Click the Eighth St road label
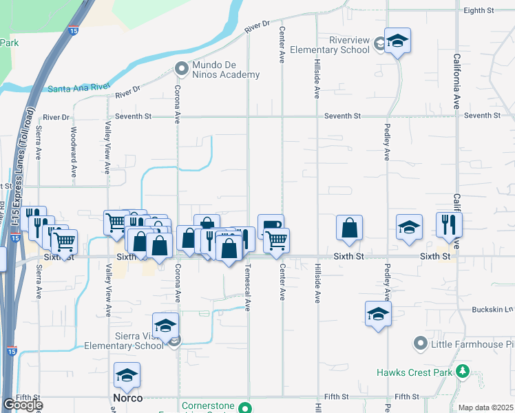pos(479,11)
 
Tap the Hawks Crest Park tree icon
pos(463,373)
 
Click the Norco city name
pos(127,399)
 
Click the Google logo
pos(22,405)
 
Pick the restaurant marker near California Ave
pos(449,226)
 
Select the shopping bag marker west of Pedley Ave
pos(349,229)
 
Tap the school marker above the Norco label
pos(127,376)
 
